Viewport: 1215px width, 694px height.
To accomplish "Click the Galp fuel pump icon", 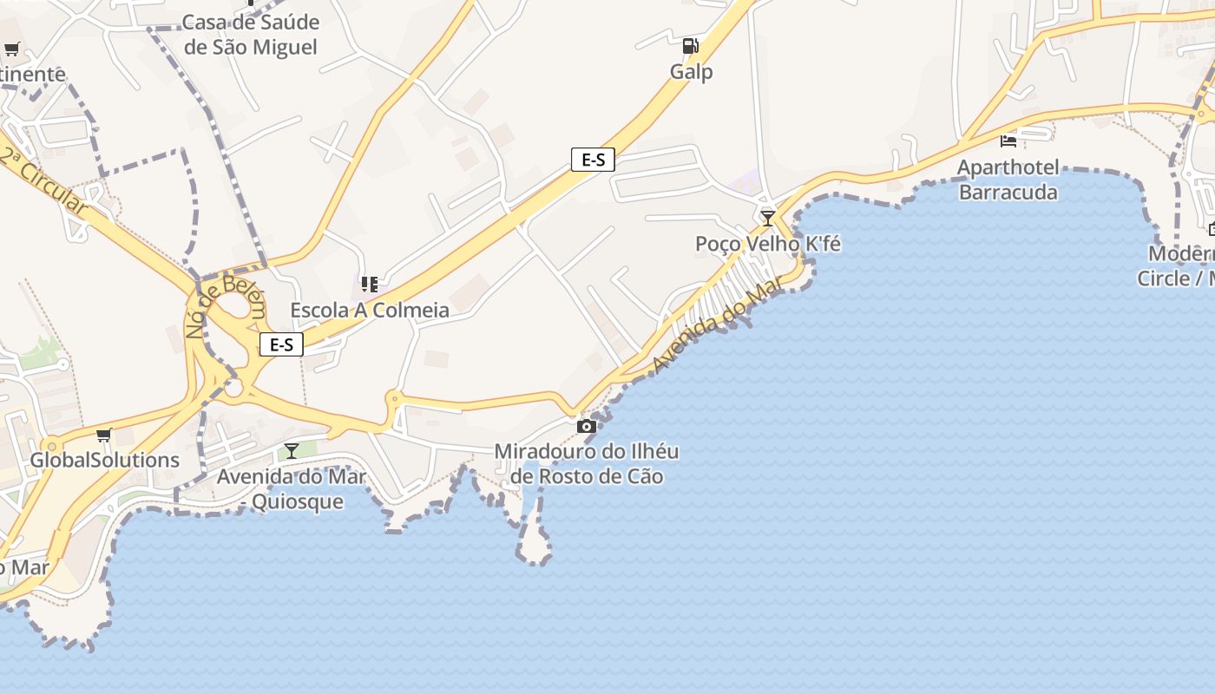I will pos(690,46).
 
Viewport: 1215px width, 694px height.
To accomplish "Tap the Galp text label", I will pos(692,72).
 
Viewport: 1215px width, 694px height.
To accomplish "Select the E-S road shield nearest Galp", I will pos(593,160).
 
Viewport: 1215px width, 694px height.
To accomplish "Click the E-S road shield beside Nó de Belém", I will pos(281,344).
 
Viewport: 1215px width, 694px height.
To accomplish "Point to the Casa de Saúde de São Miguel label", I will pos(251,35).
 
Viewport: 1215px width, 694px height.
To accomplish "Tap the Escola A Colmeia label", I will pos(370,310).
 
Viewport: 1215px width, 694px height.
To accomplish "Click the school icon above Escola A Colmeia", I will pos(369,284).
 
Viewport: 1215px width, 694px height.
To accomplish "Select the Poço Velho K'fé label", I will pos(768,244).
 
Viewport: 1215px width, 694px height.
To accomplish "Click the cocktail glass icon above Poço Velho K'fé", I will pos(767,218).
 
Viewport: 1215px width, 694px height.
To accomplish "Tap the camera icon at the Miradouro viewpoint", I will pos(587,426).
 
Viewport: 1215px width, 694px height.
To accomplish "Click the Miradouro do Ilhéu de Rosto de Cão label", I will pos(587,463).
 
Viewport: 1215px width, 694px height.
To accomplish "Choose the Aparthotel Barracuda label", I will pos(1008,179).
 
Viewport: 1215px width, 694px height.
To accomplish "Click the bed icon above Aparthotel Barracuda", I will pos(1008,140).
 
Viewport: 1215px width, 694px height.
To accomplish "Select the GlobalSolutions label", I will pos(105,460).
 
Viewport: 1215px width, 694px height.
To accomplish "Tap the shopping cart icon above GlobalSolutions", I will pos(104,435).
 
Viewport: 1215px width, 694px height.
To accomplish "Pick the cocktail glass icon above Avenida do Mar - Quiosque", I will pos(292,450).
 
